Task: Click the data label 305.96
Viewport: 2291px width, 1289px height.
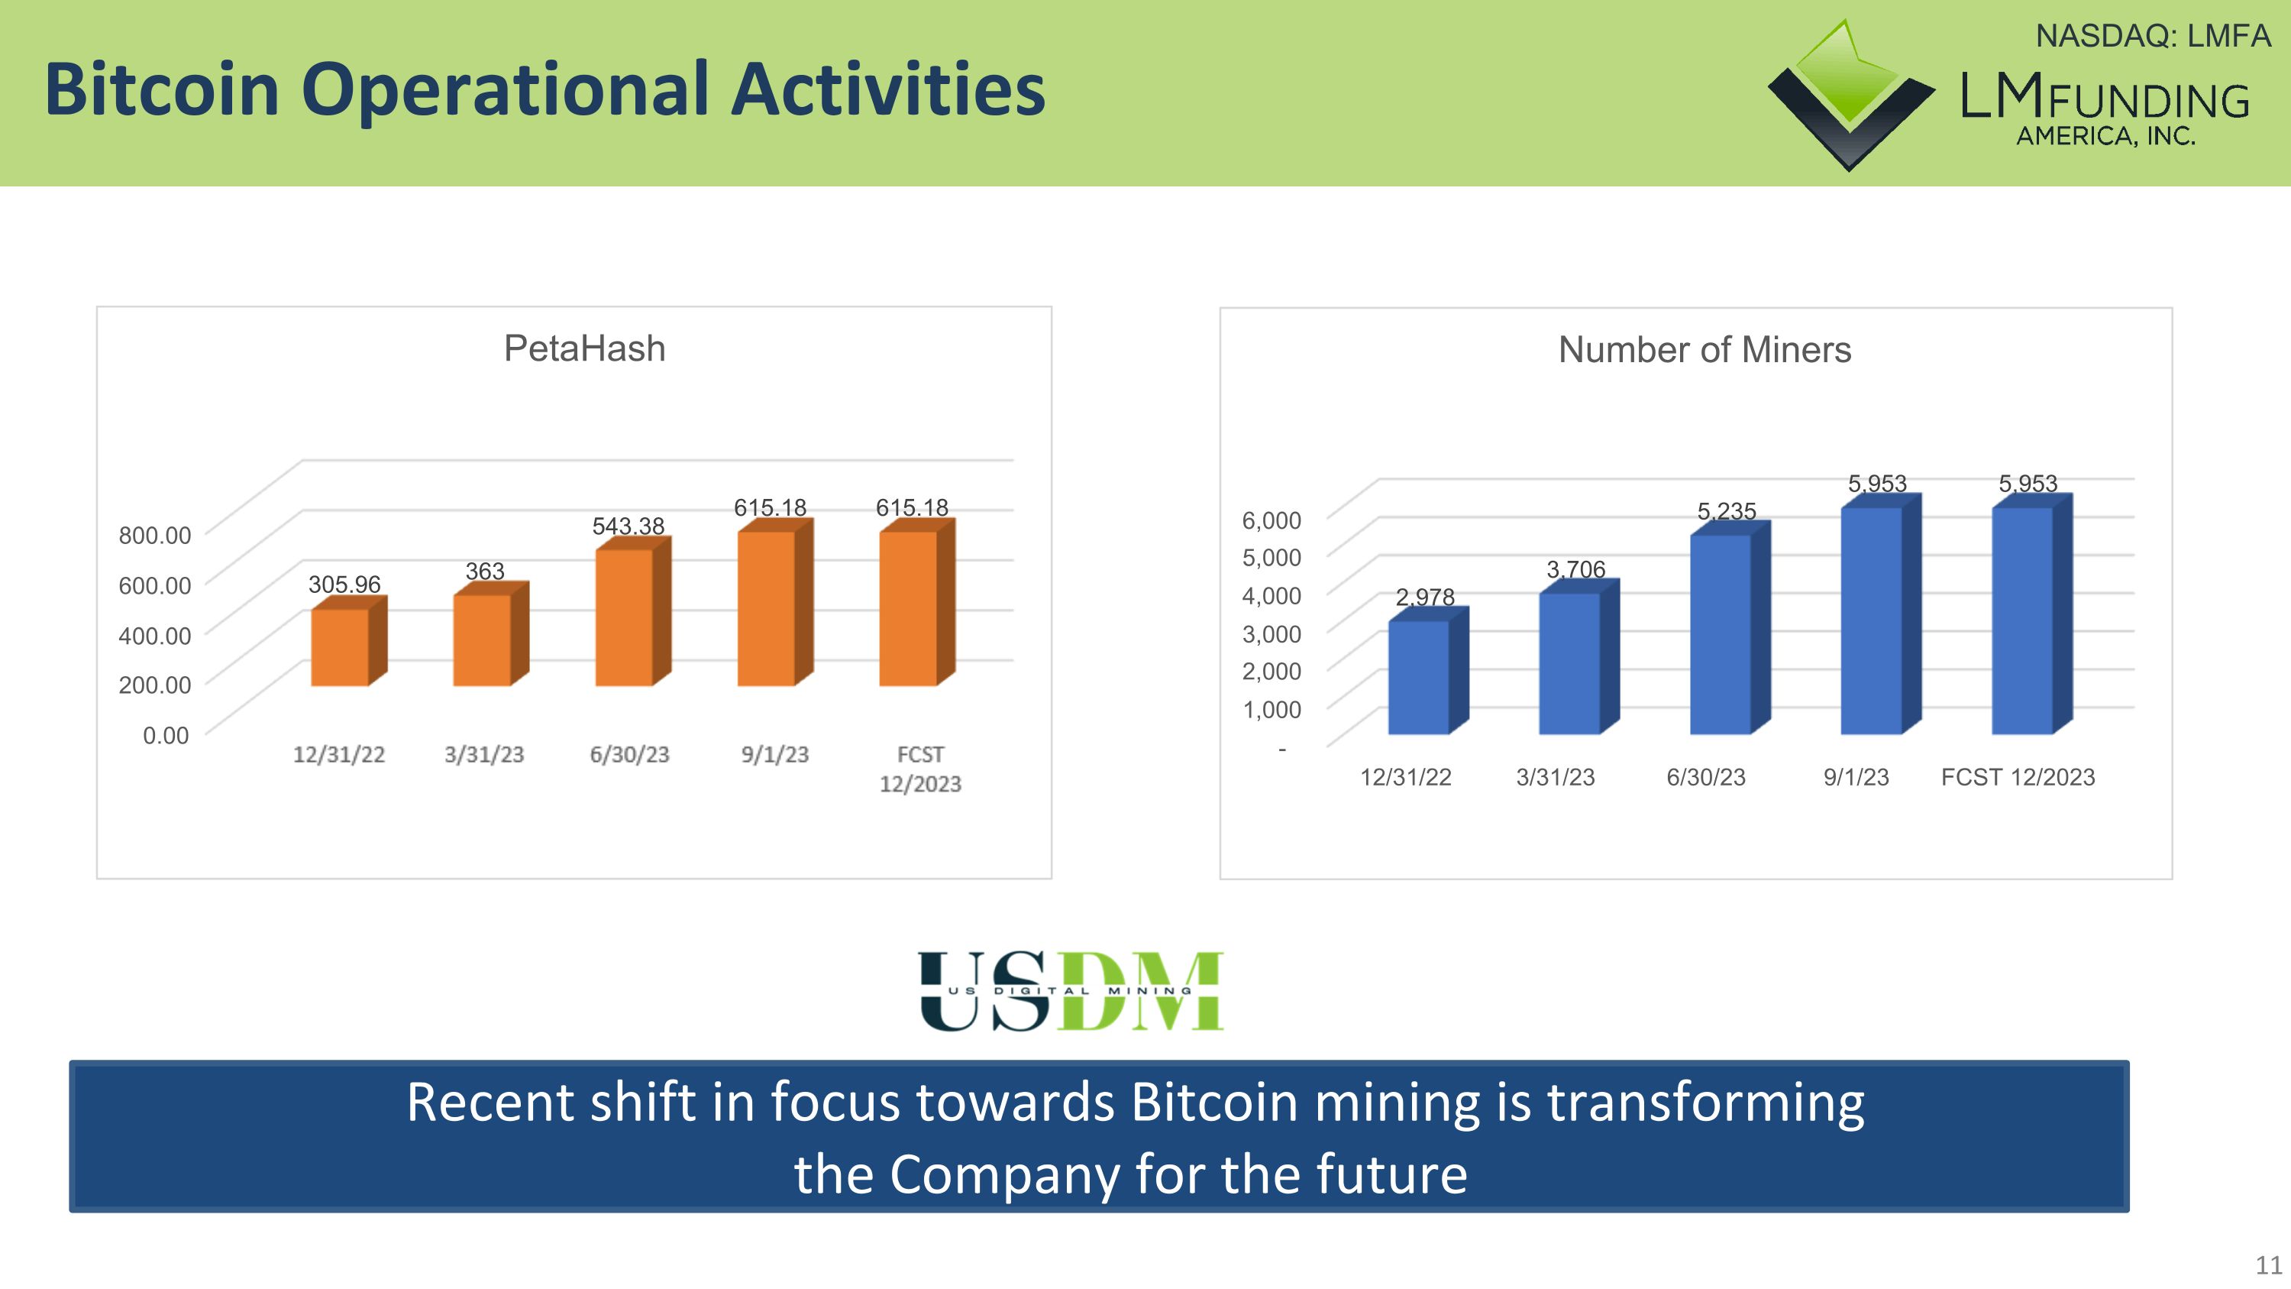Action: tap(344, 585)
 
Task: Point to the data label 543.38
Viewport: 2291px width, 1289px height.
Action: tap(628, 526)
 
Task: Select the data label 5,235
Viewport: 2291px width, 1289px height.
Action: tap(1726, 511)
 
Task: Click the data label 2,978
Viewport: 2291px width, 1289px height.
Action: tap(1425, 597)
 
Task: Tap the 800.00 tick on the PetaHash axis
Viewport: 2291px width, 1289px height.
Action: tap(155, 536)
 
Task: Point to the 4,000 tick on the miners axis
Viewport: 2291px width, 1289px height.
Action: tap(1271, 595)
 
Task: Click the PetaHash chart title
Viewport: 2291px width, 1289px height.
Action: tap(584, 348)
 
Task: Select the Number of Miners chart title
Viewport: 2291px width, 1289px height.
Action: tap(1704, 350)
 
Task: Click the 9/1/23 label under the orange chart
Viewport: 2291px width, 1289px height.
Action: tap(774, 754)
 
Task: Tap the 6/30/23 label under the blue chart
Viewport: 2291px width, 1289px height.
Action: tap(1705, 776)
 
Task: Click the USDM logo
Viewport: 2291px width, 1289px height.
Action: tap(1071, 991)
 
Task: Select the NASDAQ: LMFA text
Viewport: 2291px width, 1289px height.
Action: tap(2152, 37)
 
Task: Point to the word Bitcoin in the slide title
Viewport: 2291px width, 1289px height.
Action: tap(162, 90)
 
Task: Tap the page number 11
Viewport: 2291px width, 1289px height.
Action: tap(2268, 1264)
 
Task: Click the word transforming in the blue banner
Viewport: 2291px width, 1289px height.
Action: tap(1705, 1103)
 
